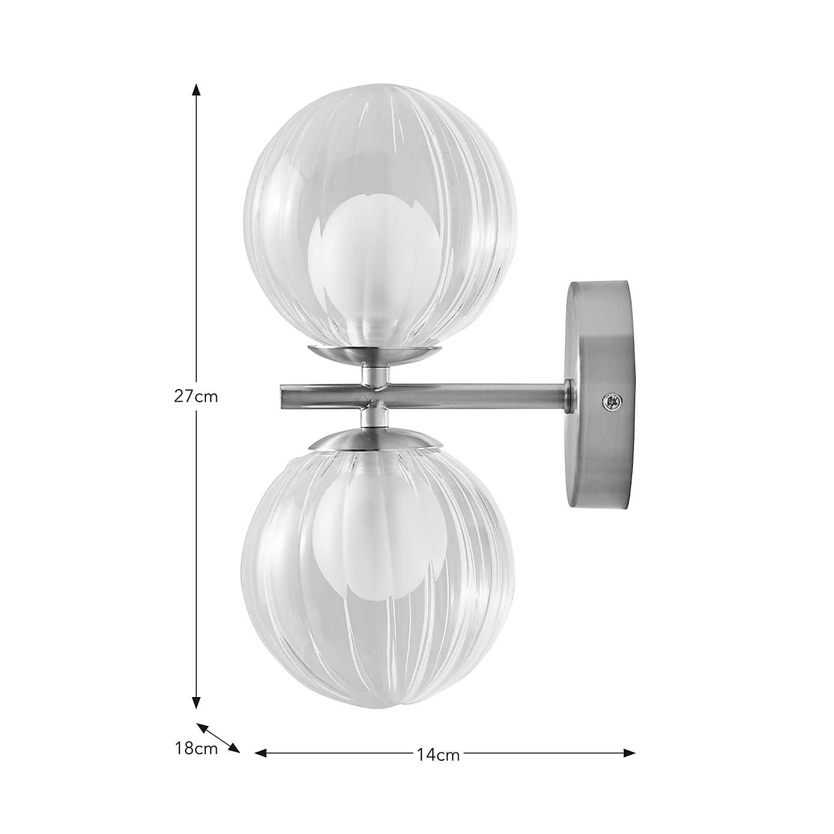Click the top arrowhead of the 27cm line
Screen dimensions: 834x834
196,89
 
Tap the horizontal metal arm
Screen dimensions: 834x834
468,396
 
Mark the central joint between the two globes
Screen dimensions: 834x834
373,396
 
